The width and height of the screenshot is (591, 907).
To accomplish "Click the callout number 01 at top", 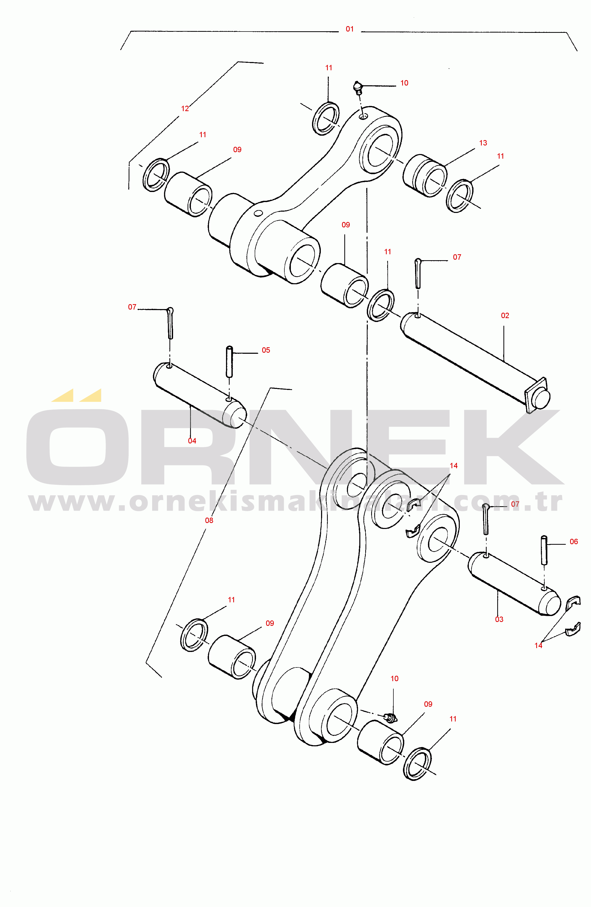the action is [349, 29].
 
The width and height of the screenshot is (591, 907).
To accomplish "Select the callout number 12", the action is [185, 109].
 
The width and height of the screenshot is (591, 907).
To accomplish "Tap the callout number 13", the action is [483, 143].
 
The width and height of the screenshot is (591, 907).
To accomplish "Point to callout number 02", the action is [505, 316].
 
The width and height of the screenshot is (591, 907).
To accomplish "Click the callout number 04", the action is [192, 441].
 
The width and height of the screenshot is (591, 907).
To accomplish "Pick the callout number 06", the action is [573, 542].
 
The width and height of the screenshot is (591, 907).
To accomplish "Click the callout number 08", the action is [209, 520].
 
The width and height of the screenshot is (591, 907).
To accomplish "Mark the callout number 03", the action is [499, 619].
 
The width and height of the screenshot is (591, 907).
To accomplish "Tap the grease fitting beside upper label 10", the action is [357, 87].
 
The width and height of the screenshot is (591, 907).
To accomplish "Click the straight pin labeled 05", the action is [229, 361].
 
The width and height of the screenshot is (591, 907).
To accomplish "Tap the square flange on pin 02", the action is [535, 395].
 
